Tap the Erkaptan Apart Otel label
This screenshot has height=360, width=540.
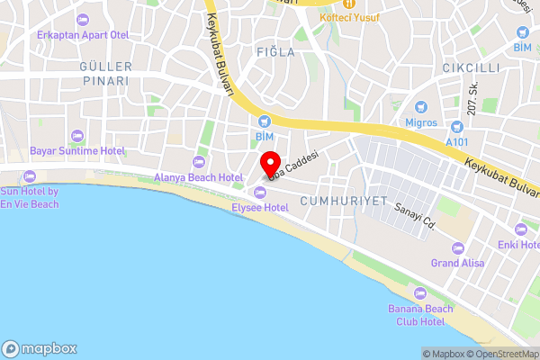84,34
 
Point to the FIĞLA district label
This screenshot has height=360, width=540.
274,52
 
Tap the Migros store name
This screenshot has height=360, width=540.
419,122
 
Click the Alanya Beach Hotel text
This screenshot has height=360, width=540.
199,178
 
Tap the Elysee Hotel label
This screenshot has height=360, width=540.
260,208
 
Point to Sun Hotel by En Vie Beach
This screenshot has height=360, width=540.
30,198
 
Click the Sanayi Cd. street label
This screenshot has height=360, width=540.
415,215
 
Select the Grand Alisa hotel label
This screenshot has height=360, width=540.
457,263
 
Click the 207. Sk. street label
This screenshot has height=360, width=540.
472,98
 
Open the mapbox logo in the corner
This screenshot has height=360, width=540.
40,349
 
